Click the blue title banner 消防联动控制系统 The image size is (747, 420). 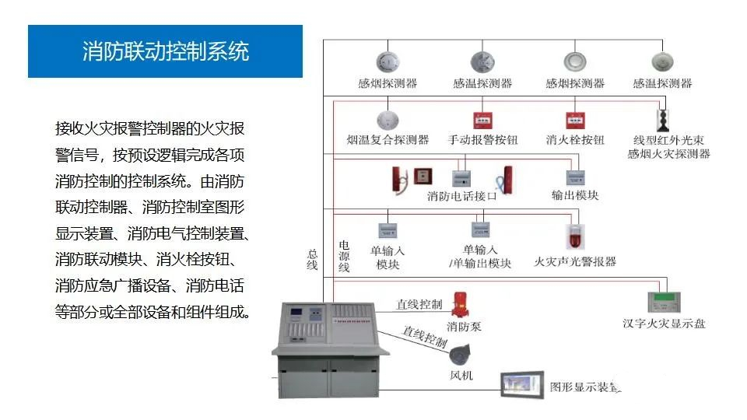pos(165,51)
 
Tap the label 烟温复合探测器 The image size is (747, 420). pos(388,140)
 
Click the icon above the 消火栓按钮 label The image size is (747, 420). pos(575,121)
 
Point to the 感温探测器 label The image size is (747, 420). pos(482,83)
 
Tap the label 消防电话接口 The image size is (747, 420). pos(461,196)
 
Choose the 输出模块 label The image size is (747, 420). pos(575,195)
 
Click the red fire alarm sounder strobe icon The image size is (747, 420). pos(575,238)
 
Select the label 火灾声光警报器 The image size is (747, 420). pos(575,262)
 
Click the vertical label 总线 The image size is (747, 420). pos(313,260)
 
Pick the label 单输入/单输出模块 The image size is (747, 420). pos(480,257)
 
